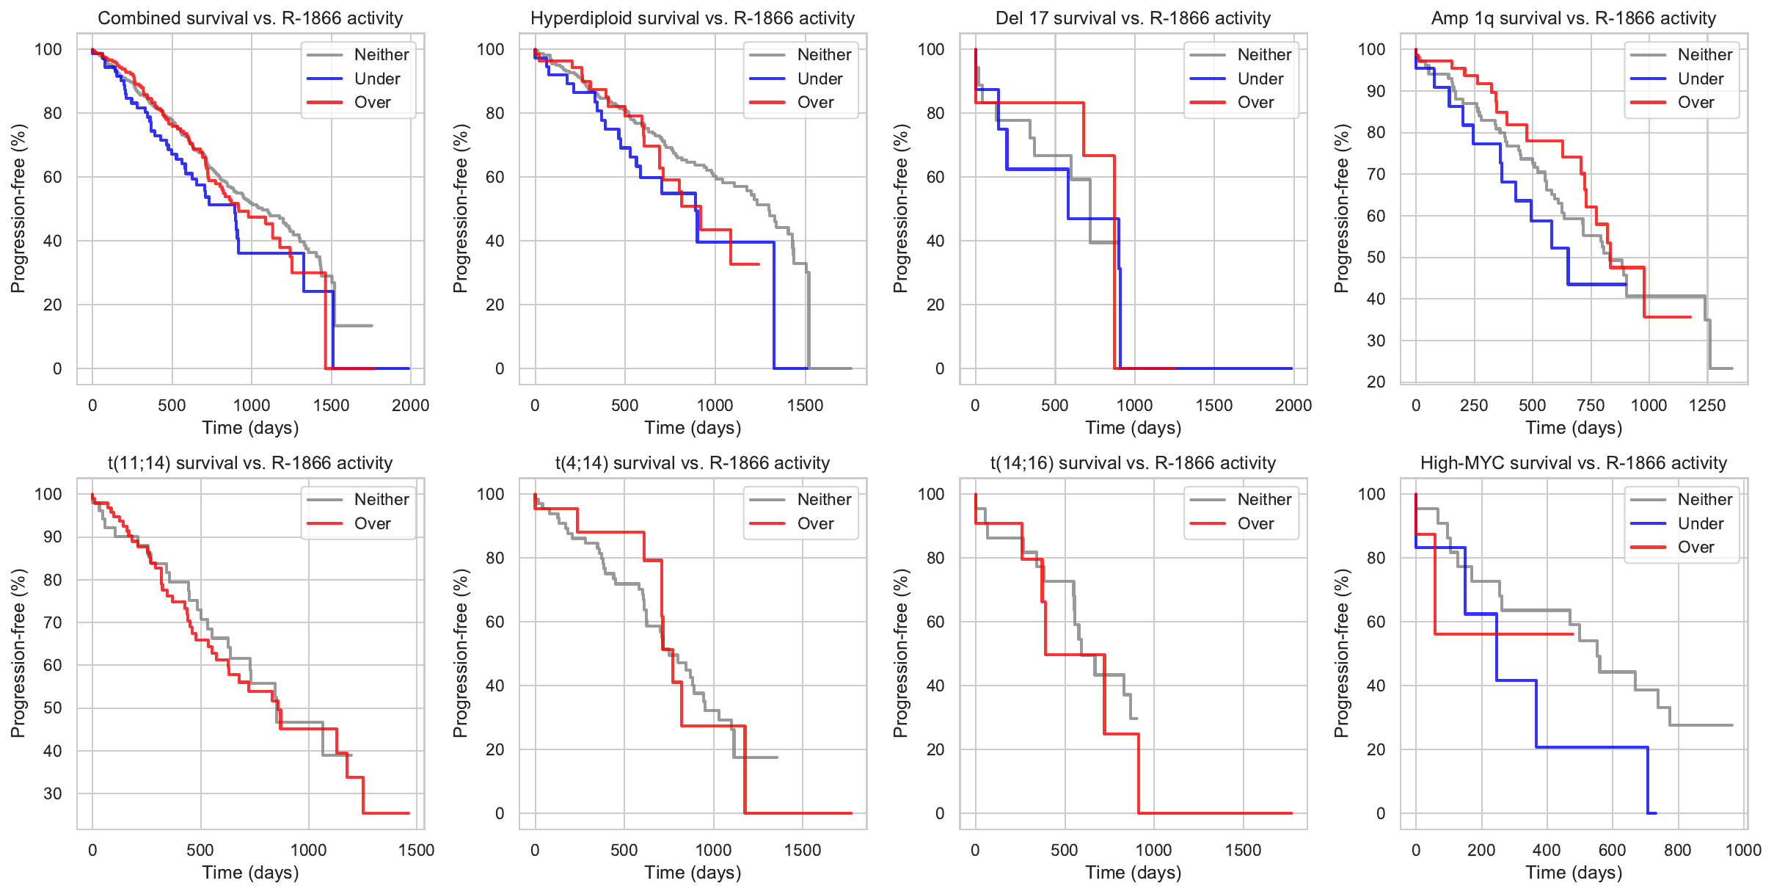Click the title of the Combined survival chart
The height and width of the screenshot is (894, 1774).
[250, 18]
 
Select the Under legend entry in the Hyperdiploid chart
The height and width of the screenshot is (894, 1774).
[820, 79]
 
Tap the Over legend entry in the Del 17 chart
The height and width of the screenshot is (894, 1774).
[1255, 103]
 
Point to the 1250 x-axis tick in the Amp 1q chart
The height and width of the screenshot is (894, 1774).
[1707, 405]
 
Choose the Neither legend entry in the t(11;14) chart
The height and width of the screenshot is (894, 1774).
[381, 500]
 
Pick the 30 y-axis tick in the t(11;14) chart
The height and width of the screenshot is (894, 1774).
[53, 793]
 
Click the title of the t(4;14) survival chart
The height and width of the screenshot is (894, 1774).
[693, 463]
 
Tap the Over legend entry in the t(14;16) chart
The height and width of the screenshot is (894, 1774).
[1255, 524]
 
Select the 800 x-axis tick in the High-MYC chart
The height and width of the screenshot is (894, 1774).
[1678, 850]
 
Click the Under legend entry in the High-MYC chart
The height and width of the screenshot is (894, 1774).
[1700, 524]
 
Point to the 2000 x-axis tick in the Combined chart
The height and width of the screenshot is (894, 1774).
[410, 405]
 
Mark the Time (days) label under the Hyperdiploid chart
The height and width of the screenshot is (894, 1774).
[693, 428]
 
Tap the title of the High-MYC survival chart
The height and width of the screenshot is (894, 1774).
[1574, 463]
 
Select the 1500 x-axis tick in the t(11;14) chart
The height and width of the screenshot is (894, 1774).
[417, 850]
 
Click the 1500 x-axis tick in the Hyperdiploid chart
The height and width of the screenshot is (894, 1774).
[806, 405]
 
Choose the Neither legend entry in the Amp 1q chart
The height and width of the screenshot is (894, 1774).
[1704, 55]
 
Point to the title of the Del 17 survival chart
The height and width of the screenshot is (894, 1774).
[1133, 18]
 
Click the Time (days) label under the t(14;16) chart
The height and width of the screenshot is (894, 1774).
[1133, 873]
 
